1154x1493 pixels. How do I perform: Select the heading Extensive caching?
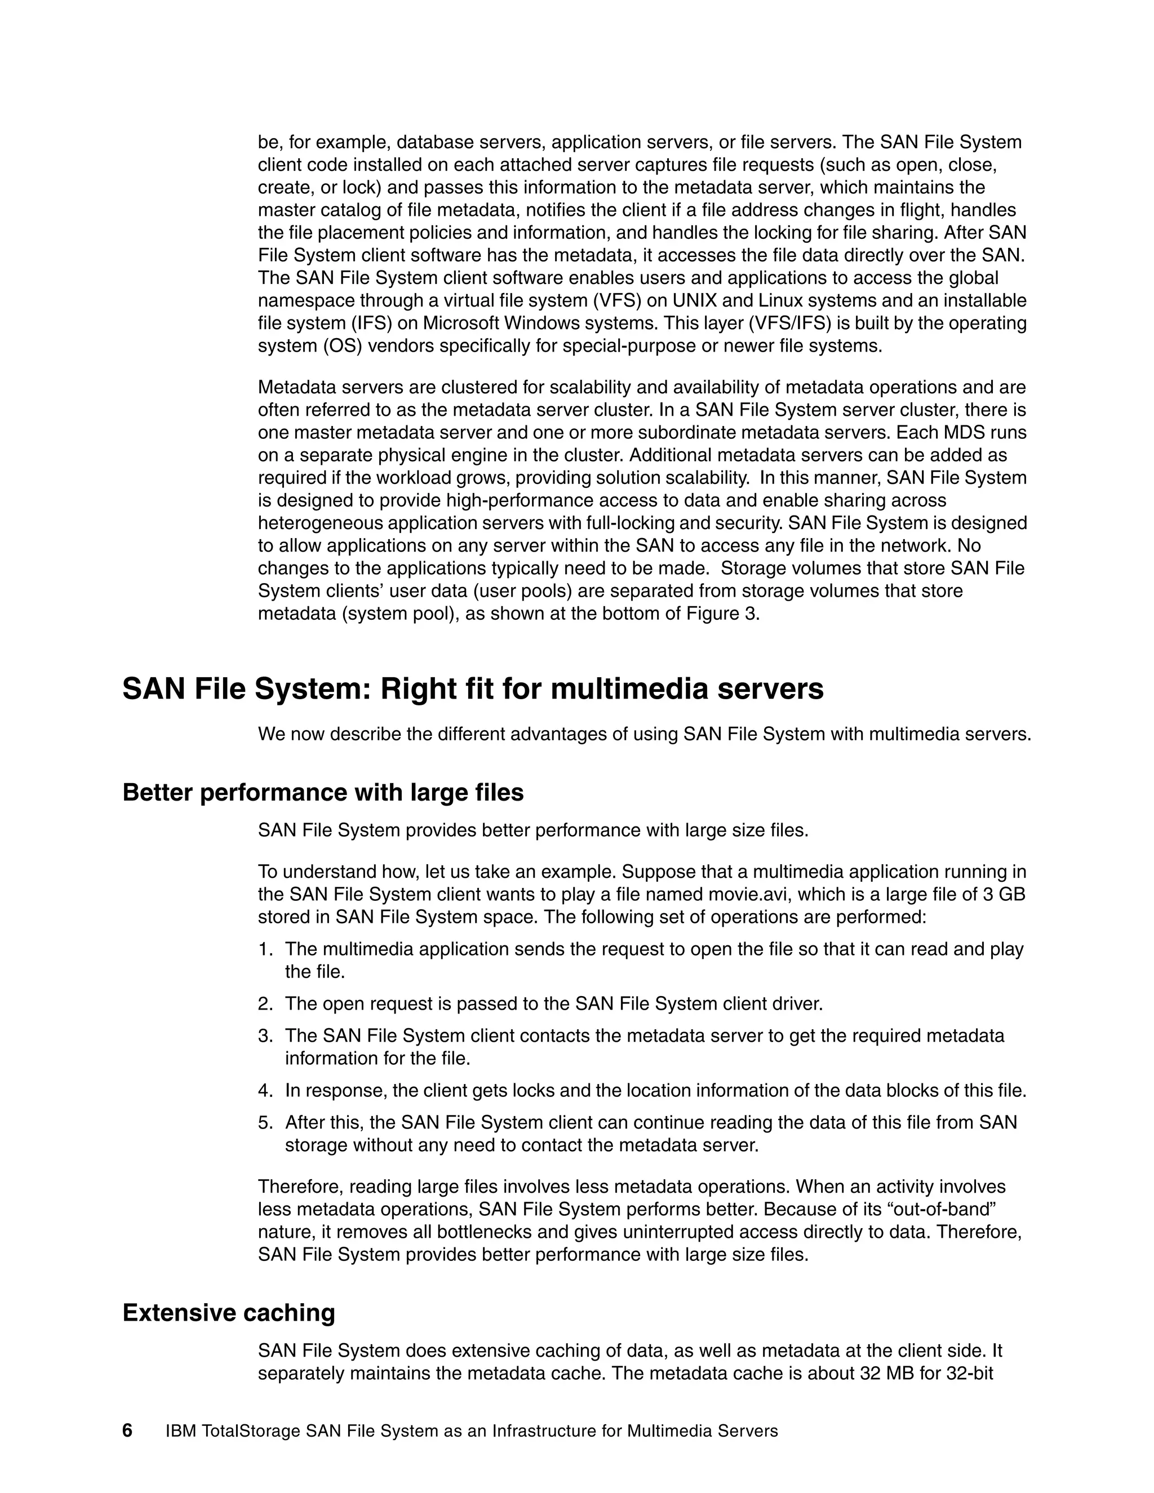click(x=228, y=1313)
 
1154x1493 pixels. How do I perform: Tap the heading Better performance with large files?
click(x=323, y=792)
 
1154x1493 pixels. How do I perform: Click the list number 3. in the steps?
click(x=265, y=1036)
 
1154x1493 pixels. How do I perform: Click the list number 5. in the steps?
click(x=265, y=1122)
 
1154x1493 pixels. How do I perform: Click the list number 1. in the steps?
click(x=265, y=949)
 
